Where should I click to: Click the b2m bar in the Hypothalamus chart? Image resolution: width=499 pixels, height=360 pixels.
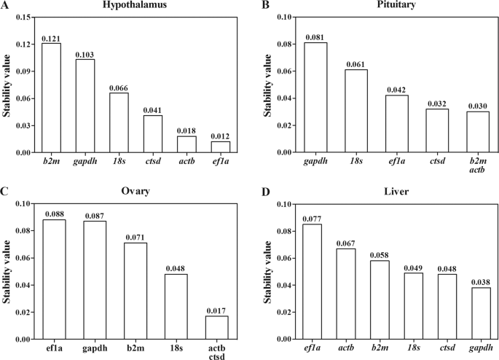[51, 98]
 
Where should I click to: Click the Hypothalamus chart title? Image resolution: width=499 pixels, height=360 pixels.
[135, 6]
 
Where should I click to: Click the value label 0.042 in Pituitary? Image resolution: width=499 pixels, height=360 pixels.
[396, 90]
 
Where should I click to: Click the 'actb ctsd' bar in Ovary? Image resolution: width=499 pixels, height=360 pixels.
[217, 327]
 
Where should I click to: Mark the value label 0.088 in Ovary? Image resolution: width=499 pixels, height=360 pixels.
[54, 214]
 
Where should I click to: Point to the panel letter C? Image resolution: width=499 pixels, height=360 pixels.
[5, 192]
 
